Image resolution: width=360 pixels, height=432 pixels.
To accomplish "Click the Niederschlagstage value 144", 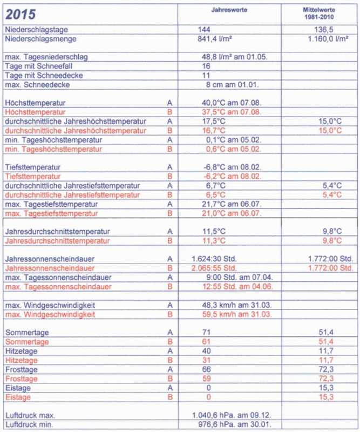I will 205,30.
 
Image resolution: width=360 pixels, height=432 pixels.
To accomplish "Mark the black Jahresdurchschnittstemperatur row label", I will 51,231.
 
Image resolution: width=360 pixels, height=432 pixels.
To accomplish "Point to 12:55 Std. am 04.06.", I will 231,287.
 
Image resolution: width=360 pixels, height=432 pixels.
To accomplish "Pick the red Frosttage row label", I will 21,379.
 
